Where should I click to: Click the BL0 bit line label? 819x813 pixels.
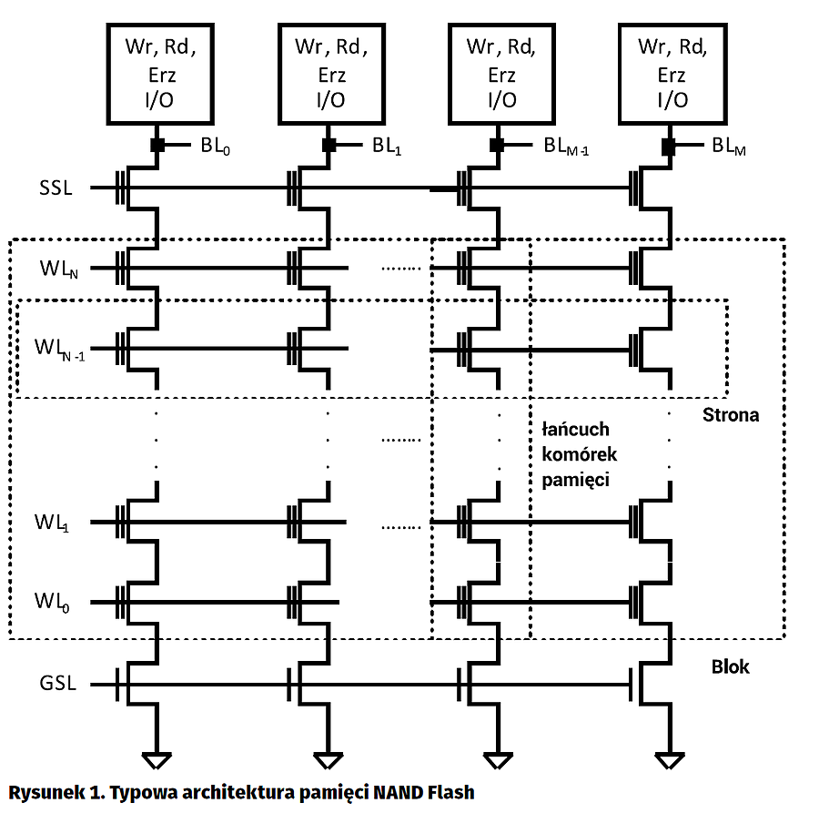tap(215, 146)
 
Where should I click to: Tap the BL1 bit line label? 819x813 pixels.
tap(387, 146)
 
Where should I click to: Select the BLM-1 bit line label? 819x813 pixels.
tap(567, 146)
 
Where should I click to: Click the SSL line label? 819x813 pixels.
tap(56, 188)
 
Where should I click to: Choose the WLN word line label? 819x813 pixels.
tap(57, 269)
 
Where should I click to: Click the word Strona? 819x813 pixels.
tap(731, 415)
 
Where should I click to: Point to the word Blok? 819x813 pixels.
tap(730, 667)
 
